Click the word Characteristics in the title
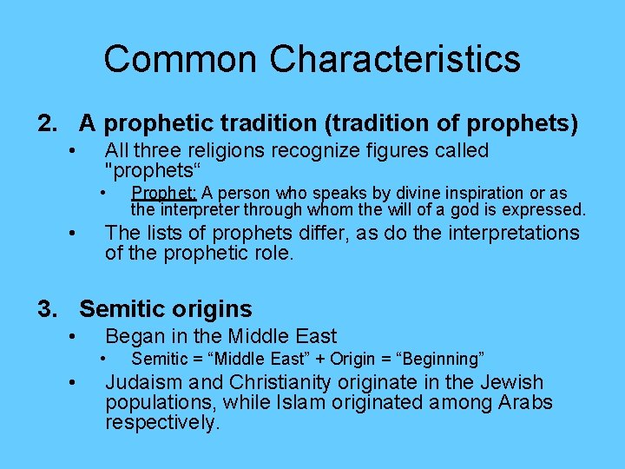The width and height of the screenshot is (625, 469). (395, 59)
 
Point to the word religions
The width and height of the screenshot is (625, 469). (223, 151)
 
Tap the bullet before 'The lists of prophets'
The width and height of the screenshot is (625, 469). (76, 233)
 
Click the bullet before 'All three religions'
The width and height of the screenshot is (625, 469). (76, 151)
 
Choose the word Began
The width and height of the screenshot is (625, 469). (134, 336)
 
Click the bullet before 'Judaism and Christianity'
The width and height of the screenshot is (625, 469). (76, 382)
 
